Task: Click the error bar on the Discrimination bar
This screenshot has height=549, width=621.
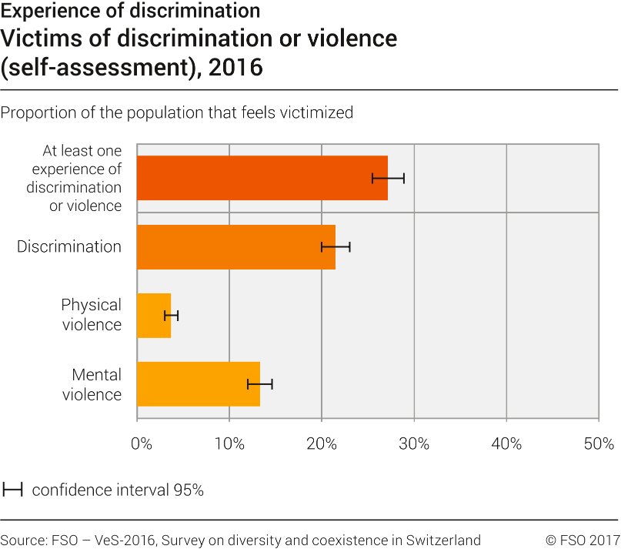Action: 336,247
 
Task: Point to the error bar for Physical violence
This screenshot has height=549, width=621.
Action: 171,316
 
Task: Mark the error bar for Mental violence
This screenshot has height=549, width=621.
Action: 260,384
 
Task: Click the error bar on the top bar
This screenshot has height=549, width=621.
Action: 388,178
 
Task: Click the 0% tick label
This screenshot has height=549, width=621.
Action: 141,444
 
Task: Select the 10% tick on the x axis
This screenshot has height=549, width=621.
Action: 229,444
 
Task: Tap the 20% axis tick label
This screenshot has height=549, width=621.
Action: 322,444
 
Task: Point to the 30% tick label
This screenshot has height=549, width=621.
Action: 414,444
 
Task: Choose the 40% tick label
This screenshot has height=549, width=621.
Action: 506,444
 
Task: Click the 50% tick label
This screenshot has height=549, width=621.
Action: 598,444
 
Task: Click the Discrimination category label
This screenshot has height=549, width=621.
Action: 69,247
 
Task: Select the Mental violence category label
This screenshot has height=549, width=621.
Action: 92,385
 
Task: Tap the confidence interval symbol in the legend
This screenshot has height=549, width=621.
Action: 13,490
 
